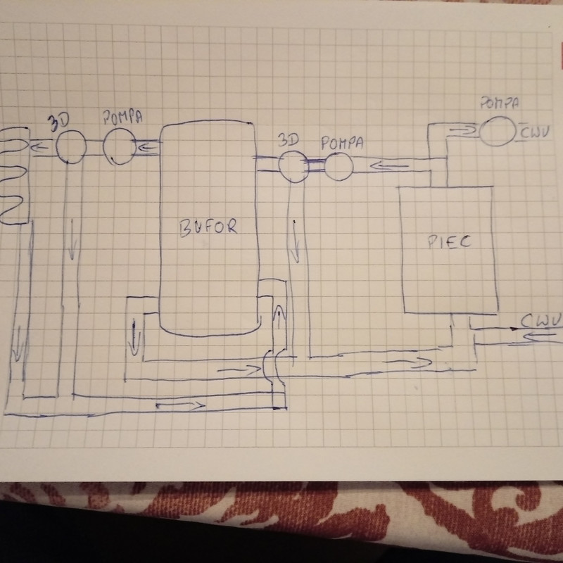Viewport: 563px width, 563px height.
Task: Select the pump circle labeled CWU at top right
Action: [497, 132]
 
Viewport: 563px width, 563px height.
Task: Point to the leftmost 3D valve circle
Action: [70, 147]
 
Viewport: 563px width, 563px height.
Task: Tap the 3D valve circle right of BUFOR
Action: [291, 165]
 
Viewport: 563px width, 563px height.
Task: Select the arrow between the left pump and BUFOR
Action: [149, 147]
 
